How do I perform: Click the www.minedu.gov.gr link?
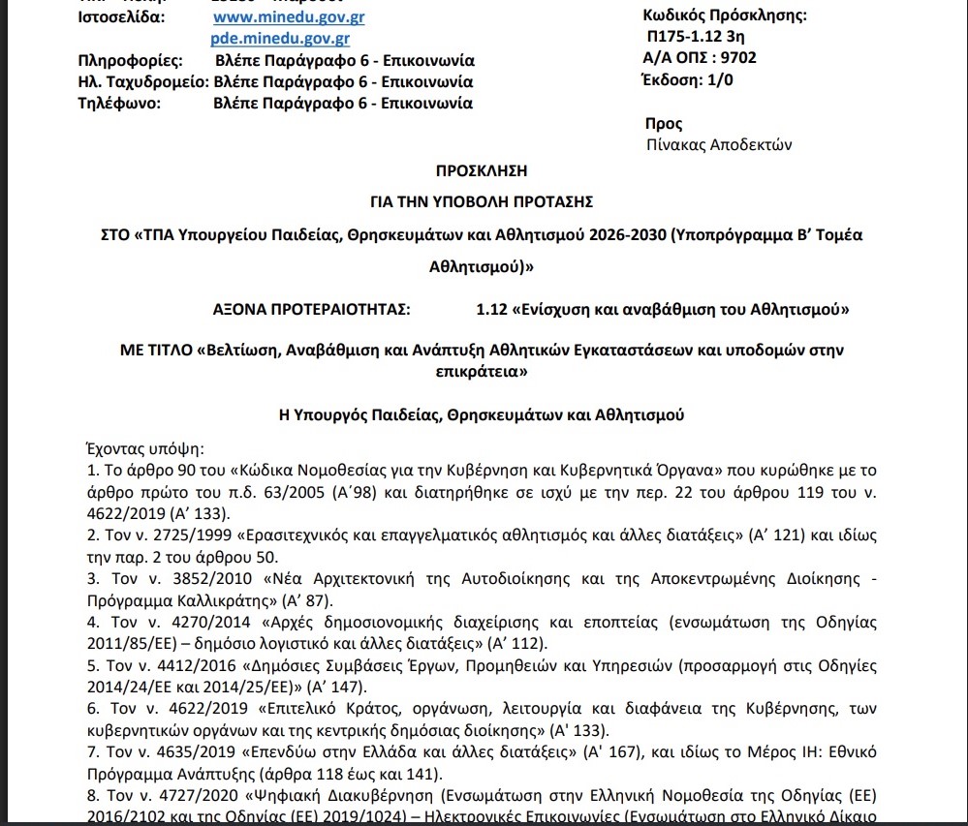[x=289, y=17]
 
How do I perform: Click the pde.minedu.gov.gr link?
[x=280, y=39]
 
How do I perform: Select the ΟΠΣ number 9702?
[x=739, y=58]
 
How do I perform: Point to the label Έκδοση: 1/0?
[x=688, y=80]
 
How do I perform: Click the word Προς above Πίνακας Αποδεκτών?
[x=664, y=124]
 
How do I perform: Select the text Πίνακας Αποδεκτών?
[x=718, y=145]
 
